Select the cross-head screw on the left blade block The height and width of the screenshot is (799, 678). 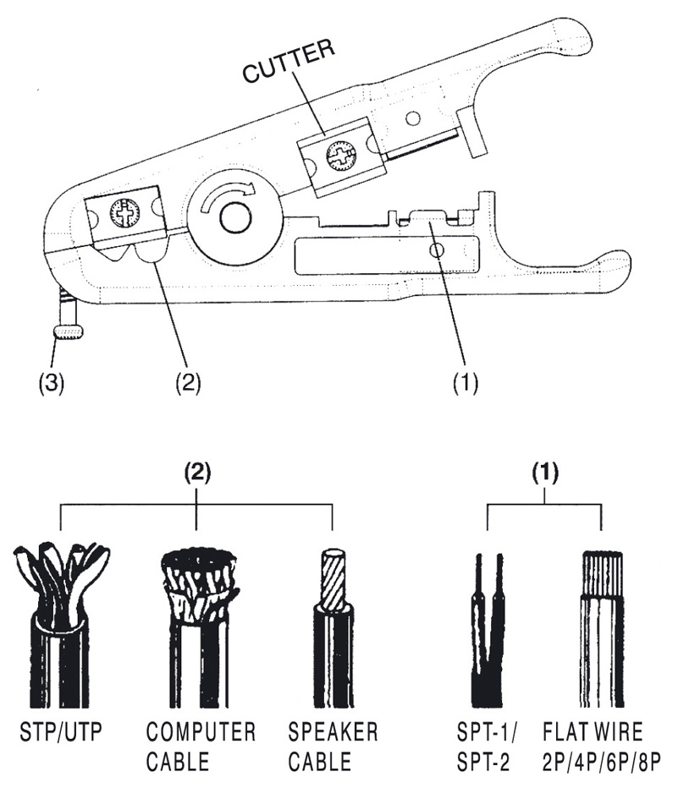[x=125, y=211]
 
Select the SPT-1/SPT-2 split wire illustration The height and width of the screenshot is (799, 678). [x=488, y=630]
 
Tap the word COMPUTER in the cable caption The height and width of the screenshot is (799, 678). [x=200, y=733]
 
